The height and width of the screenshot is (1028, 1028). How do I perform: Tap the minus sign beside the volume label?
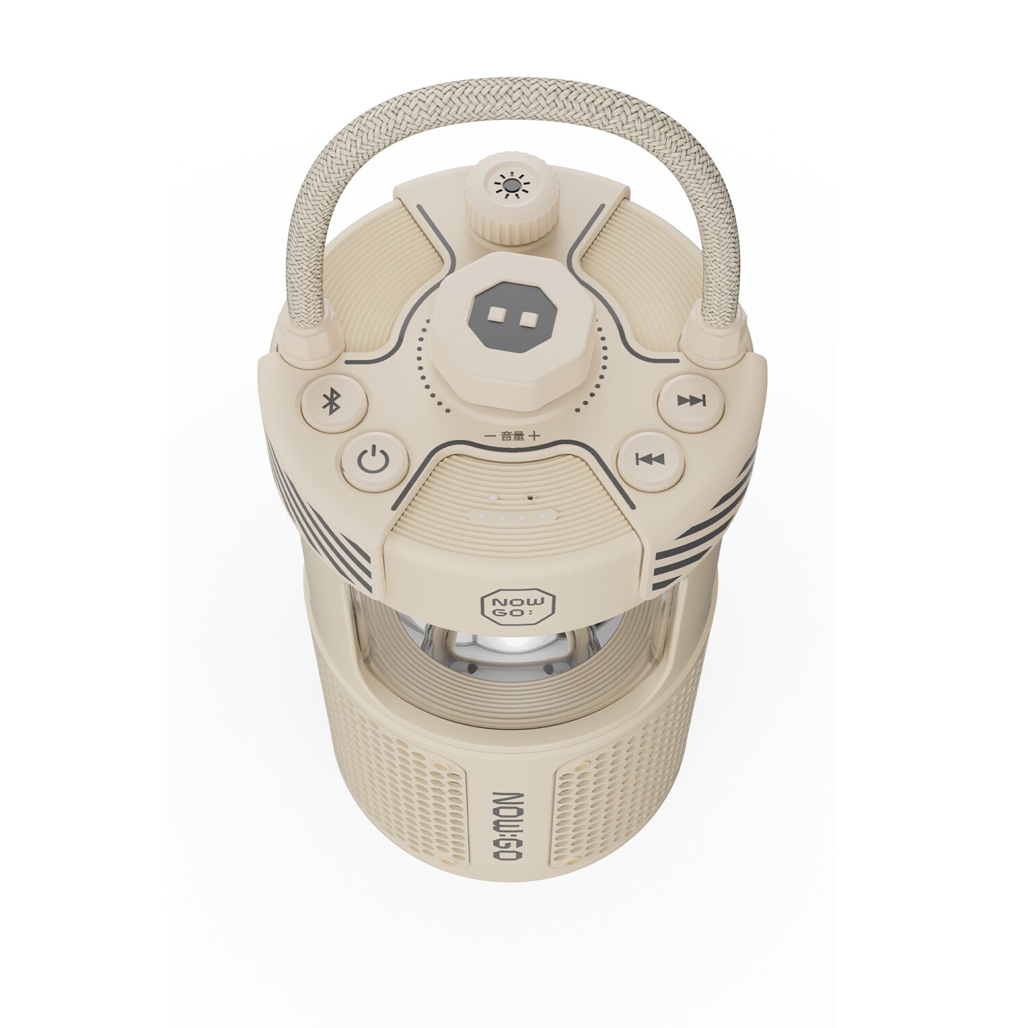click(489, 435)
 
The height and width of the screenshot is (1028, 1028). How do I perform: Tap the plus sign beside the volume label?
click(534, 435)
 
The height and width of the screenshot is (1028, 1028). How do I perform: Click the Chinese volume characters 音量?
click(511, 435)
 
